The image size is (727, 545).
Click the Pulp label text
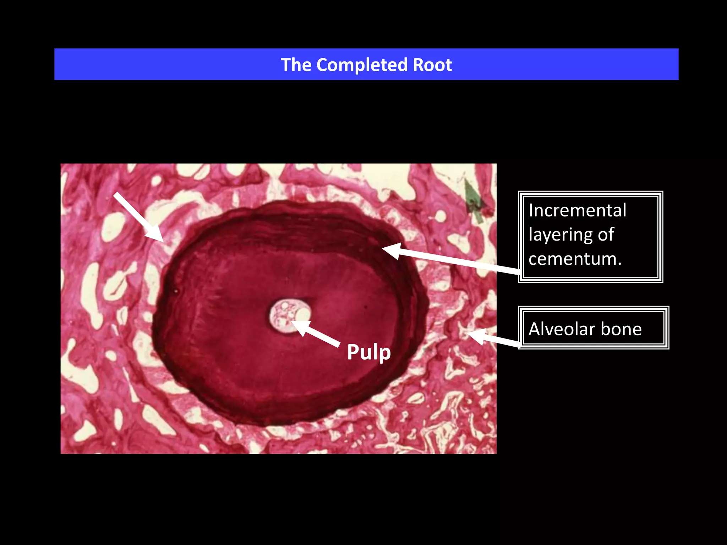point(369,352)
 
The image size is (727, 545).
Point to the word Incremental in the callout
point(578,210)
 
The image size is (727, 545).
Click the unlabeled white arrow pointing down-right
point(139,218)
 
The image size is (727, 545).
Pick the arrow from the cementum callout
point(451,259)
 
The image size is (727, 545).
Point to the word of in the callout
point(606,235)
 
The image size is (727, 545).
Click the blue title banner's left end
point(55,64)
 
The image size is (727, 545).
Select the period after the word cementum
point(619,265)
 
